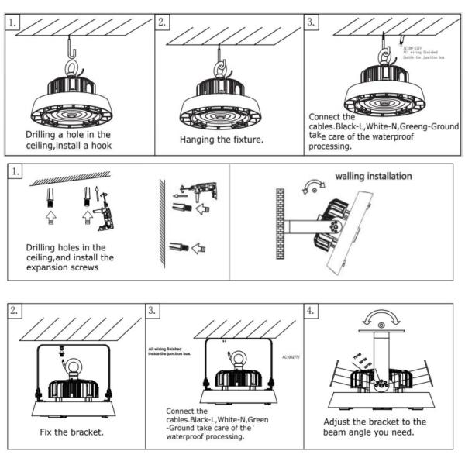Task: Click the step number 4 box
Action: [312, 312]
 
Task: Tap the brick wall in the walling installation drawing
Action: [281, 224]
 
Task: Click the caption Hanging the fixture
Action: [221, 140]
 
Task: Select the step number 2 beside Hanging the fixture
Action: [163, 22]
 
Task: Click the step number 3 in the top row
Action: [312, 22]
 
